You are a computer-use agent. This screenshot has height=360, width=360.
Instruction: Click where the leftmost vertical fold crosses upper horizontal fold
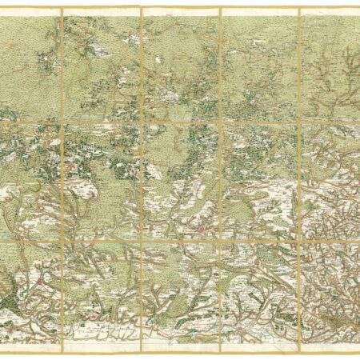[x=61, y=121]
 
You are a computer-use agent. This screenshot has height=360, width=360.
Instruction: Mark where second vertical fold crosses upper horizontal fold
[x=141, y=121]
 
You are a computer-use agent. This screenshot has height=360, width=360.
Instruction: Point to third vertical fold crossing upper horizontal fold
[x=220, y=121]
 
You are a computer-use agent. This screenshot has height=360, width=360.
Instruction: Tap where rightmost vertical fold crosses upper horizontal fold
[x=299, y=121]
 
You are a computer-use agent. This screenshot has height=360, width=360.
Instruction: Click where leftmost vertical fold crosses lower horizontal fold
[x=61, y=239]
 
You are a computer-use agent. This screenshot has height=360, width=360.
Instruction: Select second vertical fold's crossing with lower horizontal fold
[x=141, y=239]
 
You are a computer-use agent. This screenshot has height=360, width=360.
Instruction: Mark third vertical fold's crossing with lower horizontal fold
[x=220, y=239]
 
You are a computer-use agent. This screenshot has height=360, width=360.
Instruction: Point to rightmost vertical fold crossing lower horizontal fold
[x=299, y=239]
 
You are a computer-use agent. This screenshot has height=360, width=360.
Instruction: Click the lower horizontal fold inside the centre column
[x=180, y=239]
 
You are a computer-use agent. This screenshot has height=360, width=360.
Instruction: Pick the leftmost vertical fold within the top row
[x=61, y=64]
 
